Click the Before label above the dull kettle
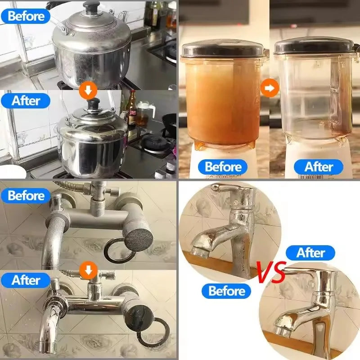26,16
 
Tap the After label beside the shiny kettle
26,101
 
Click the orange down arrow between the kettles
88,90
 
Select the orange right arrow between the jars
270,88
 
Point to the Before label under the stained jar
223,166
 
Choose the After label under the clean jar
319,166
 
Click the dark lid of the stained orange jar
222,49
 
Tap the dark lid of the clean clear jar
316,46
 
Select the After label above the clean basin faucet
310,253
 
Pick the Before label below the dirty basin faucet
226,291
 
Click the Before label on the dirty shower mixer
26,196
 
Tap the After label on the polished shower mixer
26,280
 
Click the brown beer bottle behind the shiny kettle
132,108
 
